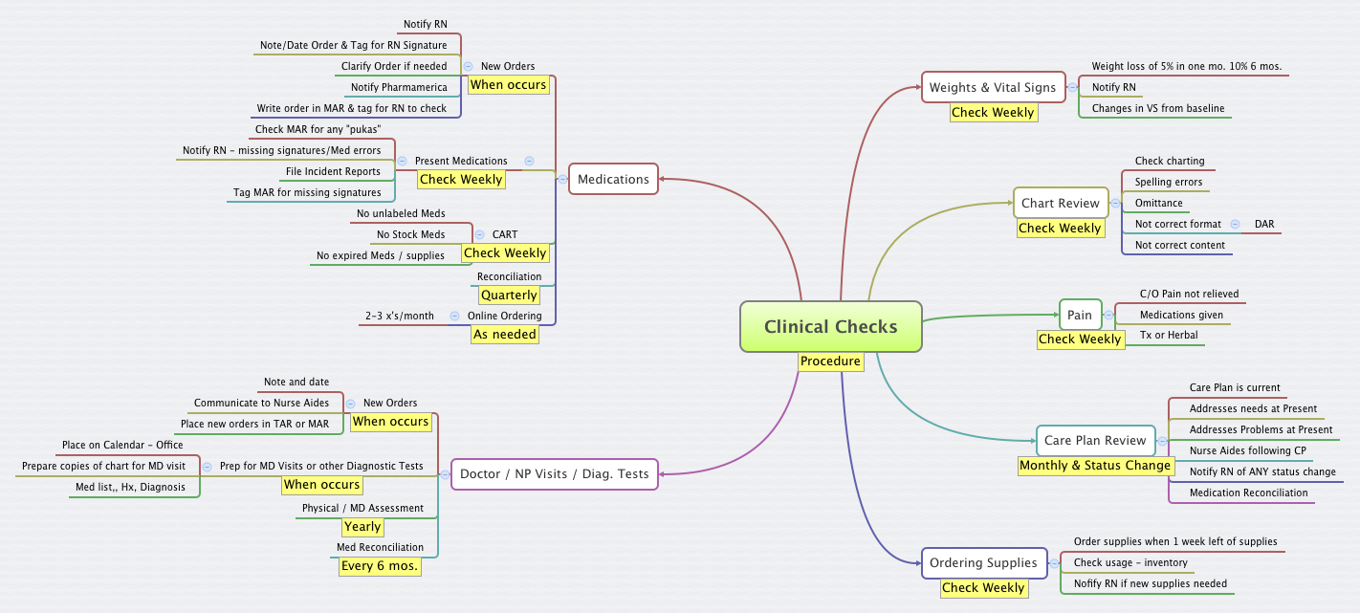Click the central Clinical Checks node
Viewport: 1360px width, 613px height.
[830, 326]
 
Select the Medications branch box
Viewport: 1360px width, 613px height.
[613, 179]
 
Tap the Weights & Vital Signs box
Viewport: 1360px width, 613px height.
[993, 87]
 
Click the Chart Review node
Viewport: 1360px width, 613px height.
[1060, 203]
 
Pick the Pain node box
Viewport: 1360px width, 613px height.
[1080, 315]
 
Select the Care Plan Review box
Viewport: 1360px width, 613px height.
[1094, 440]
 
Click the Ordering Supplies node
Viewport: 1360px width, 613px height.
[983, 562]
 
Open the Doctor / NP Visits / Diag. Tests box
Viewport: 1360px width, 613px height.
[554, 473]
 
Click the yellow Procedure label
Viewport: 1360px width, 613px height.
[830, 361]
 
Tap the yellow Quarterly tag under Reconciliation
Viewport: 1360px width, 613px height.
[508, 296]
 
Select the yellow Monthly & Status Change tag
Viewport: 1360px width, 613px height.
[1095, 466]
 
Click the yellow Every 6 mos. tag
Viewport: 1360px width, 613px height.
[381, 566]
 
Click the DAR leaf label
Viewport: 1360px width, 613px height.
[1264, 224]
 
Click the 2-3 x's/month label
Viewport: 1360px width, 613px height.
[399, 316]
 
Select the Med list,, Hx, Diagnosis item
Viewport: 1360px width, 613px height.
[130, 487]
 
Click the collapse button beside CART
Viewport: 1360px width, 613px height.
[481, 234]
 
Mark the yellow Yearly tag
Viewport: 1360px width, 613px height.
[362, 527]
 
